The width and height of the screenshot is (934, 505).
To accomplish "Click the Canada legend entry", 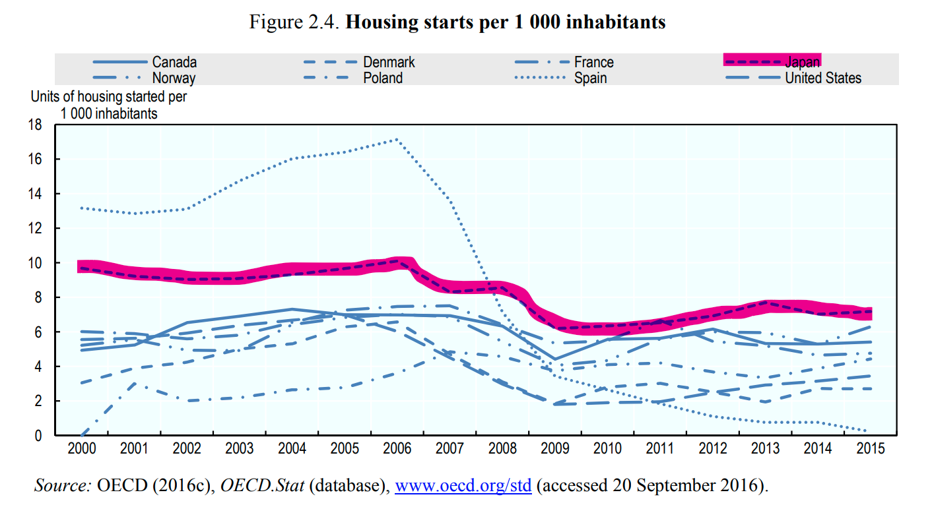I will coord(174,63).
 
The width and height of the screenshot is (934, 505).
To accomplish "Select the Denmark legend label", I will coord(389,63).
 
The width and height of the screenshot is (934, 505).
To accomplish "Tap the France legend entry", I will coord(593,63).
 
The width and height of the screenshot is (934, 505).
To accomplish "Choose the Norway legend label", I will coord(174,78).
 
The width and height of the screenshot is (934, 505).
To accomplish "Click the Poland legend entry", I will coord(383,78).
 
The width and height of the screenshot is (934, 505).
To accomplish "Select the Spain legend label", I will coord(590,78).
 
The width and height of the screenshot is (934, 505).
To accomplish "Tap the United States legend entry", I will coord(822,78).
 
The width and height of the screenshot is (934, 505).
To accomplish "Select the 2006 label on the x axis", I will coord(397,450).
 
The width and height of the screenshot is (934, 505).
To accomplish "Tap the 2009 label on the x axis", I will coord(555,450).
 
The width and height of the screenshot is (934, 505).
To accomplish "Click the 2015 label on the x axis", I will coord(871,450).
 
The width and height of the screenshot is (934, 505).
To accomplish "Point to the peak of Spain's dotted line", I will coord(397,139).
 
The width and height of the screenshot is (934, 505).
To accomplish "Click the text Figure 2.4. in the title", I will coord(294,22).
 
